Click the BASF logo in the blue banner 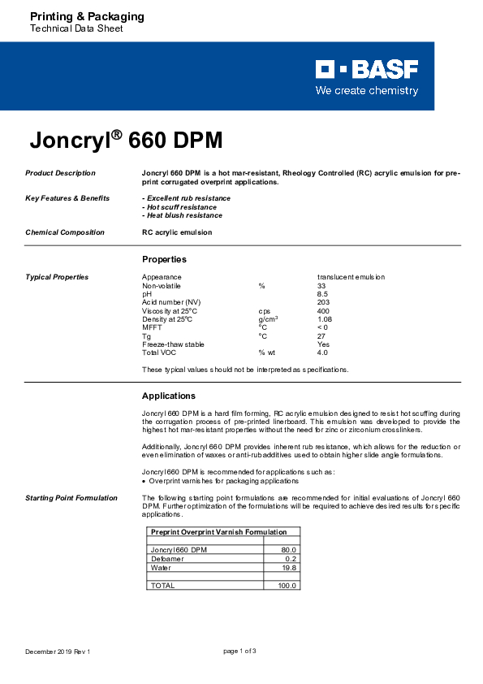(x=367, y=69)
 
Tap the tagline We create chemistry (x=367, y=91)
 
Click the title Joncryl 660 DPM (x=126, y=141)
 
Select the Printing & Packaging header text (x=87, y=16)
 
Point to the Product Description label (x=60, y=173)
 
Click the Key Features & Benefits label (x=67, y=198)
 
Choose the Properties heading (x=164, y=259)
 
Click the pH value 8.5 (x=323, y=294)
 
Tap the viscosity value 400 (x=324, y=311)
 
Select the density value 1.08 (x=325, y=319)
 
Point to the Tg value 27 (x=321, y=336)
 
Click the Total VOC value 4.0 (x=322, y=353)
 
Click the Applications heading (x=169, y=396)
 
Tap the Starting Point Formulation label (x=71, y=497)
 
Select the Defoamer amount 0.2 (x=291, y=559)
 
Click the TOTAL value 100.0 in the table (x=288, y=585)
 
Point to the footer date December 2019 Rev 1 (x=58, y=652)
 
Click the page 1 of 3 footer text (x=239, y=652)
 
